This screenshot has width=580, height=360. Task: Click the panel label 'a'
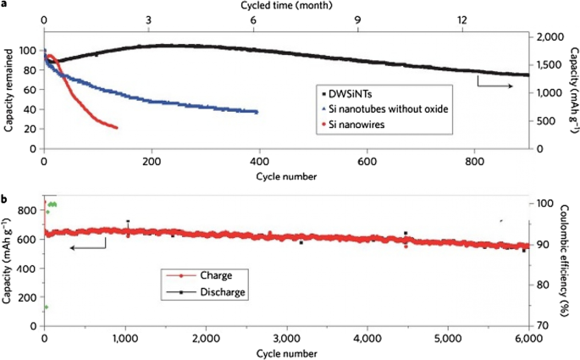point(4,5)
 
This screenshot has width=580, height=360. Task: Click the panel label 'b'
point(5,200)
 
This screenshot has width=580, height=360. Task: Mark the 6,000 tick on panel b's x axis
point(528,337)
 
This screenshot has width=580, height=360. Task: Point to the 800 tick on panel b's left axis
point(26,209)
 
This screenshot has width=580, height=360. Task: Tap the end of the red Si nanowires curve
point(116,128)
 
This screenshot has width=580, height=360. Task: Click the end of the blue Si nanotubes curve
point(257,112)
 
